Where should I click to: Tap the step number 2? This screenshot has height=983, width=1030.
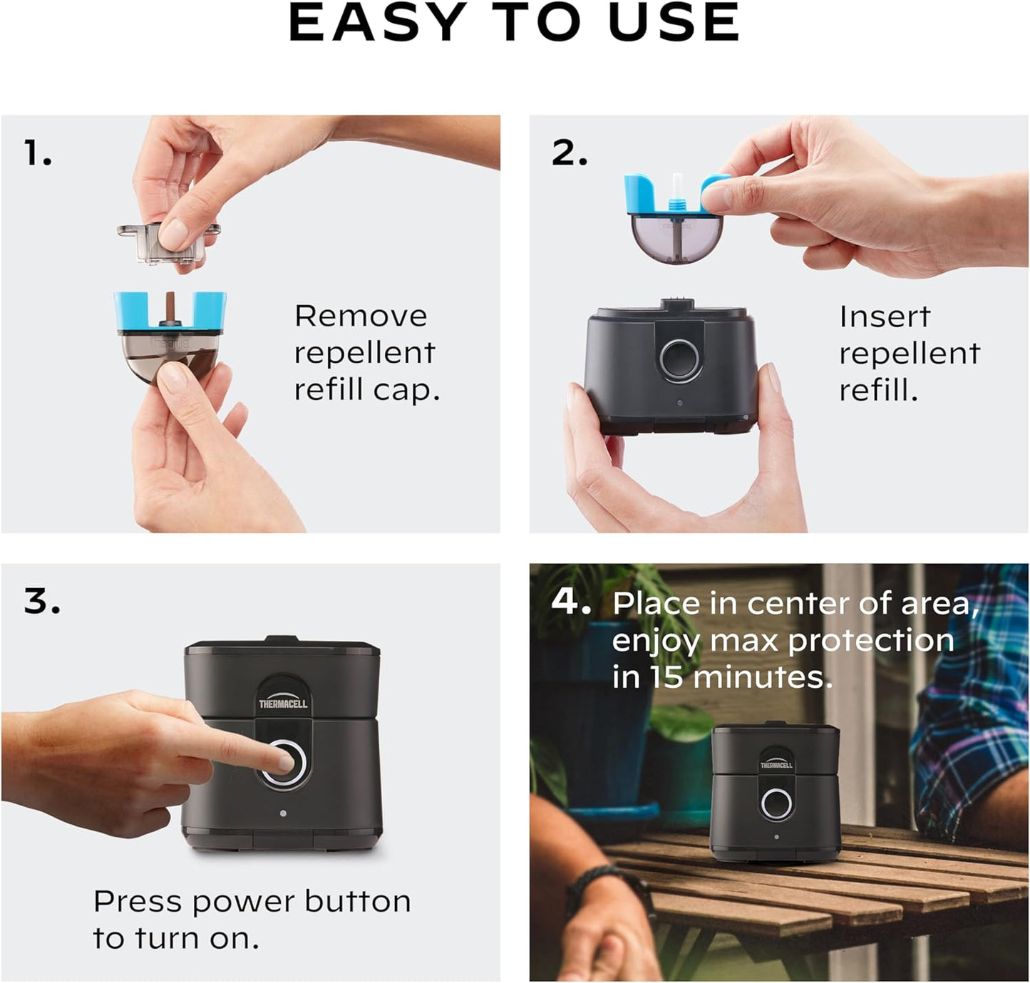569,153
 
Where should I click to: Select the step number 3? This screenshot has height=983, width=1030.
41,601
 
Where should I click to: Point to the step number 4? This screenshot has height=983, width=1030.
570,602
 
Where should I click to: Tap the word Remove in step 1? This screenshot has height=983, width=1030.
361,316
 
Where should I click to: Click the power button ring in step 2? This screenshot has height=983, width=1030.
679,358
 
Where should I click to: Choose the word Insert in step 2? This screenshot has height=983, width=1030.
885,316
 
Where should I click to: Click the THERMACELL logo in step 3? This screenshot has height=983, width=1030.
283,704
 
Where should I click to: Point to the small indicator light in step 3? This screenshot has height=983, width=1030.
283,813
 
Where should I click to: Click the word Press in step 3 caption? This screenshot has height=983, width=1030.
138,902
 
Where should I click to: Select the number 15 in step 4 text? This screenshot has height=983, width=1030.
666,677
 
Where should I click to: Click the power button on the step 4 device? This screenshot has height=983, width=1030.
776,804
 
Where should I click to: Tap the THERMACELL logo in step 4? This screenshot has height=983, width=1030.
776,765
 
